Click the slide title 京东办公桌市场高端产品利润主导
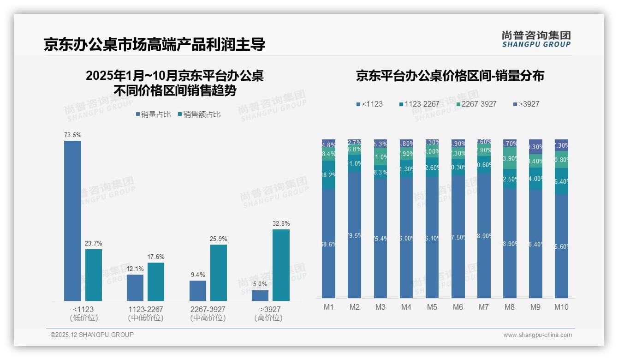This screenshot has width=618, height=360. tap(154, 45)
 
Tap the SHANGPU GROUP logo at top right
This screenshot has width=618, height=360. tap(536, 39)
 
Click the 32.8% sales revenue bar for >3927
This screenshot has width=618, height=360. tap(281, 265)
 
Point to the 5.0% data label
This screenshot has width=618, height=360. tap(260, 284)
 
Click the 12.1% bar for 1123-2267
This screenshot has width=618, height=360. tap(135, 288)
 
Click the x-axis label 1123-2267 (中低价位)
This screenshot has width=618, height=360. tap(145, 313)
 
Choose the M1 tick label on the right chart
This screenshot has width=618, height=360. tap(328, 307)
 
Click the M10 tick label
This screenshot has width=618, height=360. tap(561, 307)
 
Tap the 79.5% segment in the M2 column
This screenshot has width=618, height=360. tap(354, 235)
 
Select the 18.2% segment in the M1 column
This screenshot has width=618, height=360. tap(328, 175)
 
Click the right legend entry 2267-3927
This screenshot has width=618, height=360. tap(476, 104)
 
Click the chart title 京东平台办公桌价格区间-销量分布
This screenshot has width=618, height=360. tap(450, 76)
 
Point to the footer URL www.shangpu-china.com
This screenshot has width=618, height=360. tap(537, 335)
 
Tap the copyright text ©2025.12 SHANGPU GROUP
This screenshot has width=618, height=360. tap(92, 335)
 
